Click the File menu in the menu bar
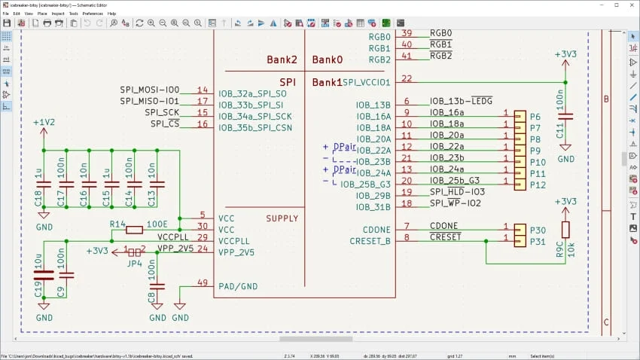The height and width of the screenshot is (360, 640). click(x=5, y=14)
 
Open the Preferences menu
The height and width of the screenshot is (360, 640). click(x=93, y=14)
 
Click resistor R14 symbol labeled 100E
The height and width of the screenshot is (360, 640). click(x=135, y=230)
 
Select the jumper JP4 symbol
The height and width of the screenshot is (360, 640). click(x=135, y=252)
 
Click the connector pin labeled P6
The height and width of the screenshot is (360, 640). click(x=520, y=117)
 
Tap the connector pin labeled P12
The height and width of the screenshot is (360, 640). click(x=520, y=185)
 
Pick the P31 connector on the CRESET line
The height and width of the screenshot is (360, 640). click(x=520, y=241)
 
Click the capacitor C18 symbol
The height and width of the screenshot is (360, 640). click(x=44, y=184)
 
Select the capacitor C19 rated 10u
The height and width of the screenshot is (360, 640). click(x=44, y=275)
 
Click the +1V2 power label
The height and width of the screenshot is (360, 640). click(x=44, y=122)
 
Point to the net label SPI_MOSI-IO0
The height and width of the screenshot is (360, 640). click(x=149, y=90)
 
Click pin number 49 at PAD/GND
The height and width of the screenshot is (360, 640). click(x=202, y=282)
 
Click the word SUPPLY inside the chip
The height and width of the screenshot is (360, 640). click(x=282, y=218)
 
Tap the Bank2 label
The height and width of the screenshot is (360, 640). click(x=282, y=59)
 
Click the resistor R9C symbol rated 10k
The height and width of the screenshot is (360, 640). click(x=565, y=230)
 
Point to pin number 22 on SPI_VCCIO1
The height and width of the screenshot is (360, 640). click(x=407, y=78)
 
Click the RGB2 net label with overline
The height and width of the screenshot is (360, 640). click(x=440, y=56)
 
